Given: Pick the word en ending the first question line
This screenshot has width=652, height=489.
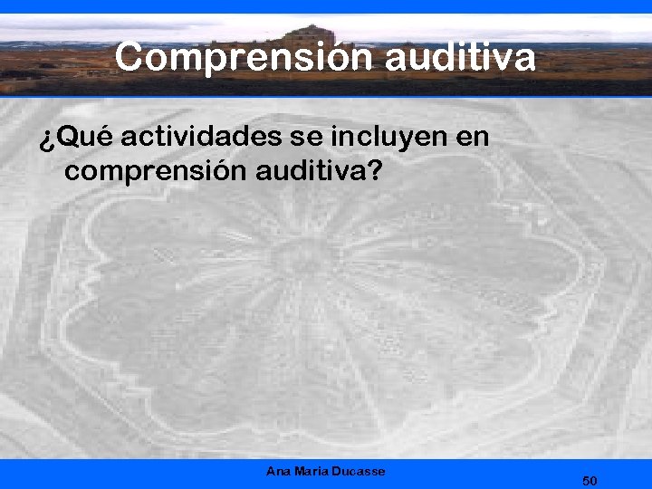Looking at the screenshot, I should coord(475,138).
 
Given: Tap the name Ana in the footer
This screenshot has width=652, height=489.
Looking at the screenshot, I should coord(278,471).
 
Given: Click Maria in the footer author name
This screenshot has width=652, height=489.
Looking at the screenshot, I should coord(311,471).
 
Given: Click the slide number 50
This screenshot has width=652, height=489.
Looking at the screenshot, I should coord(590,480).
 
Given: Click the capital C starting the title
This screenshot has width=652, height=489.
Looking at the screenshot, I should coord(129,58).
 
